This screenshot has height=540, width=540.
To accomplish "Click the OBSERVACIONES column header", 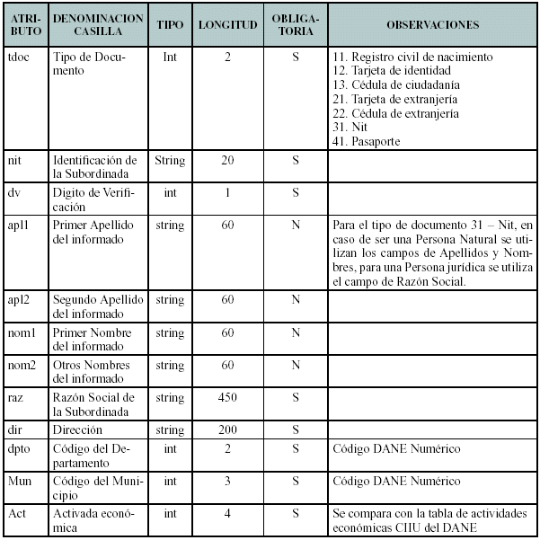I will [x=432, y=25].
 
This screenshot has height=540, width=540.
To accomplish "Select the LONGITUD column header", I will [x=227, y=25].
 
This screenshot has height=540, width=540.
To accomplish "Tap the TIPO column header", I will [x=170, y=25].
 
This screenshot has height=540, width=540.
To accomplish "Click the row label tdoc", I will [x=18, y=57].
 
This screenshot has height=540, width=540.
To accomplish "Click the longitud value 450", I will [x=227, y=398].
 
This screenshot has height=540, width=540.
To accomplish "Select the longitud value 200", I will [x=227, y=430].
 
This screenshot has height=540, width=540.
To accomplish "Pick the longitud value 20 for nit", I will [x=227, y=161].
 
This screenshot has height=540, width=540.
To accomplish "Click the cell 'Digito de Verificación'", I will [x=90, y=199].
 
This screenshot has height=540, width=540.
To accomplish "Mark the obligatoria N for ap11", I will [x=295, y=226].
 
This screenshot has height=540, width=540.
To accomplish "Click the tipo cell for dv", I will [x=170, y=193].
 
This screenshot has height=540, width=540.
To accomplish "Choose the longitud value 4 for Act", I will [x=227, y=513].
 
